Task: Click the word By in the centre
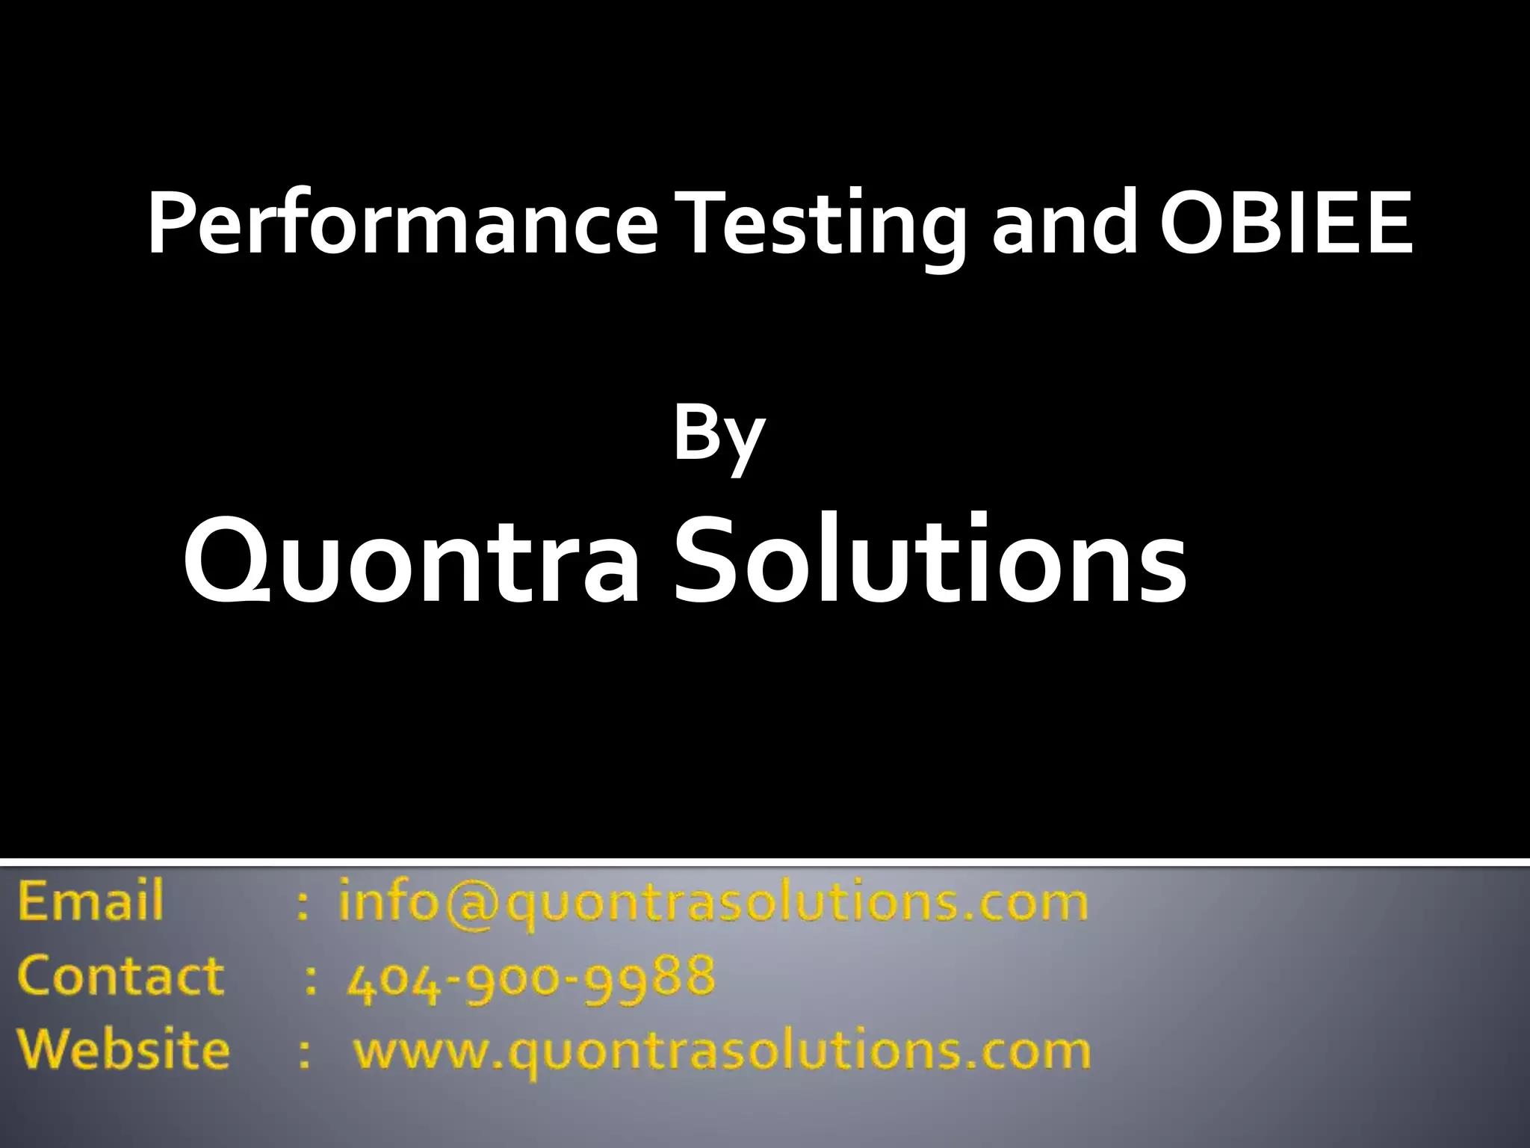click(719, 437)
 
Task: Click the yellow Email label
click(90, 901)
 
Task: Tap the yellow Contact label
click(120, 975)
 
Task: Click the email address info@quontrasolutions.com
click(713, 903)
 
